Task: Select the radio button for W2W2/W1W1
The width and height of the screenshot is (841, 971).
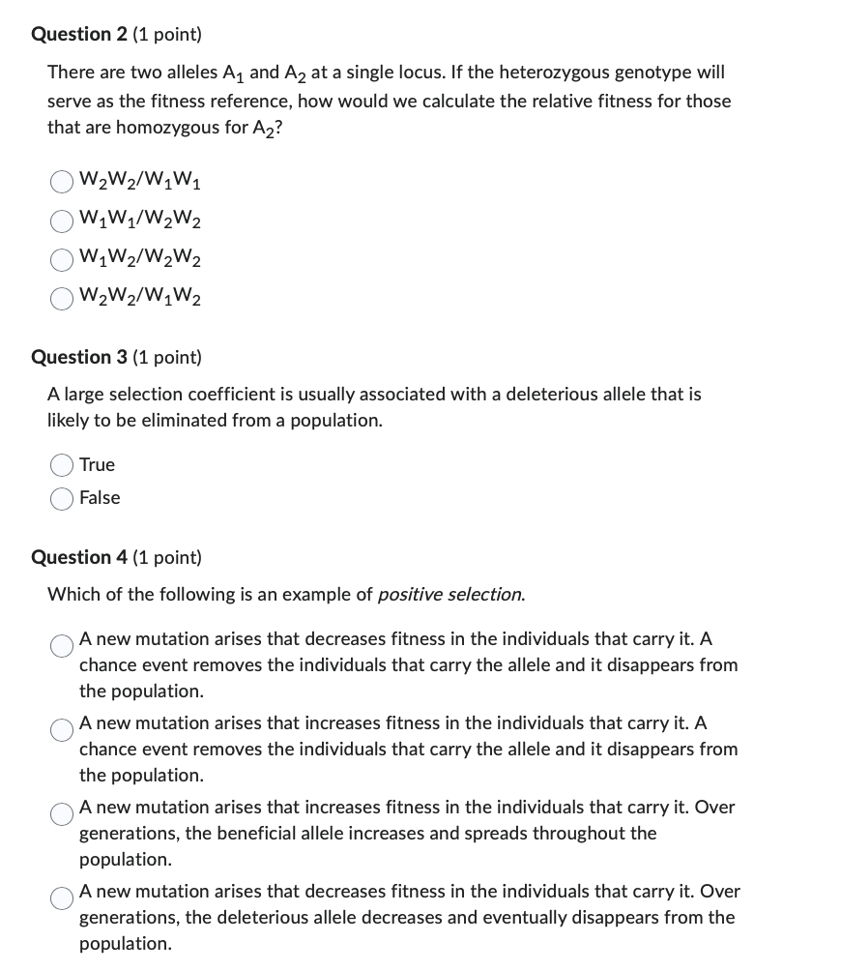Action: (63, 182)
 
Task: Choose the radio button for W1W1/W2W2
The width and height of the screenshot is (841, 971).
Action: (63, 221)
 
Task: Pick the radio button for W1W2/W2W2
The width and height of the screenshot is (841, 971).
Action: (63, 259)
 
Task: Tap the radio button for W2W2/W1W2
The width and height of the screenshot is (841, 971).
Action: (63, 298)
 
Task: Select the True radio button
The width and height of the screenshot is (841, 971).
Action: (63, 465)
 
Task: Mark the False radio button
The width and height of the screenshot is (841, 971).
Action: (63, 498)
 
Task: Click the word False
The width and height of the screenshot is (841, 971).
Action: (100, 498)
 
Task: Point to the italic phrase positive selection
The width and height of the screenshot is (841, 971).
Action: (450, 594)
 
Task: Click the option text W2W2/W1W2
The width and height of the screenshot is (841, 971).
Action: (141, 297)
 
